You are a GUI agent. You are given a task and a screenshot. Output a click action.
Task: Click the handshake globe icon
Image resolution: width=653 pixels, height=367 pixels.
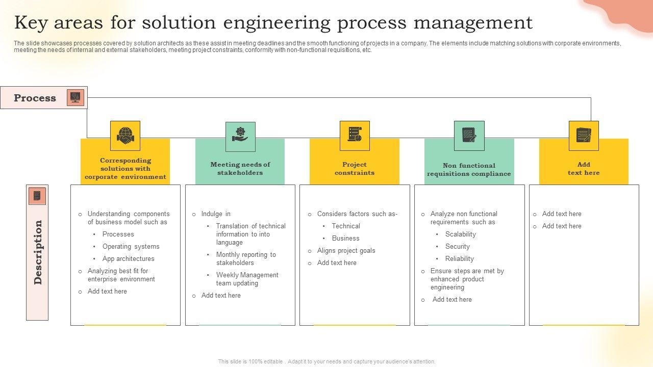pyautogui.click(x=125, y=136)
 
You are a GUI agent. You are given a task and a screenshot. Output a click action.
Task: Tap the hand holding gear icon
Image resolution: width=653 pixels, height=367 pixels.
pyautogui.click(x=240, y=136)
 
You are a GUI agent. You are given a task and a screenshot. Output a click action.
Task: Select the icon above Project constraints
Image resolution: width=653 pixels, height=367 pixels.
pyautogui.click(x=355, y=136)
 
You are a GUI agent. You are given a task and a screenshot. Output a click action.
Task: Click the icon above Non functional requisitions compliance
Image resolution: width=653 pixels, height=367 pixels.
pyautogui.click(x=469, y=136)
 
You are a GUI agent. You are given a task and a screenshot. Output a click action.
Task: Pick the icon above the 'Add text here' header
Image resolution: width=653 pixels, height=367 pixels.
pyautogui.click(x=584, y=136)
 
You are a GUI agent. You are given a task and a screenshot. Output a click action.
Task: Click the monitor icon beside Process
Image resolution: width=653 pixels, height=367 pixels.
pyautogui.click(x=76, y=97)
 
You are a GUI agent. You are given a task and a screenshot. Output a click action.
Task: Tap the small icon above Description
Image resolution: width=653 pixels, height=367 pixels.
pyautogui.click(x=37, y=196)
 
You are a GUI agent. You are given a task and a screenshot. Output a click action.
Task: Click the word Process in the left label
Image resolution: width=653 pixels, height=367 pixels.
pyautogui.click(x=35, y=98)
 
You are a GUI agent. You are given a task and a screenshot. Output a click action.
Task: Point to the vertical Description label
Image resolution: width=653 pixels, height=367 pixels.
pyautogui.click(x=38, y=252)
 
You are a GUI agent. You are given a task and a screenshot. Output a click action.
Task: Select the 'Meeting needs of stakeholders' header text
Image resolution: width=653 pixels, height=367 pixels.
pyautogui.click(x=240, y=169)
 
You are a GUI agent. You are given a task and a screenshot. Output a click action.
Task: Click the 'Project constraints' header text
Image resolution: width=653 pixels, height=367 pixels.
pyautogui.click(x=355, y=169)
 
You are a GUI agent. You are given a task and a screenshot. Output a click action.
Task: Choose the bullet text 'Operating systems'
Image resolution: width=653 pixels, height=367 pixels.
pyautogui.click(x=131, y=247)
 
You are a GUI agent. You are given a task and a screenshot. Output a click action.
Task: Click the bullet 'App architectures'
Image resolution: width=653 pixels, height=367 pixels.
pyautogui.click(x=129, y=259)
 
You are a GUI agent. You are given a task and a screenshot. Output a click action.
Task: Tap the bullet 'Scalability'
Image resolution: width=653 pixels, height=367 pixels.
pyautogui.click(x=461, y=234)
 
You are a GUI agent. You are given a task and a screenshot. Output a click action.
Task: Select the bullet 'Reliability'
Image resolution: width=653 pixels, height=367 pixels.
pyautogui.click(x=460, y=259)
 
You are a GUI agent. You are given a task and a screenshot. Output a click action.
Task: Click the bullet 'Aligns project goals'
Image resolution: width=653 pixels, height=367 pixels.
pyautogui.click(x=346, y=251)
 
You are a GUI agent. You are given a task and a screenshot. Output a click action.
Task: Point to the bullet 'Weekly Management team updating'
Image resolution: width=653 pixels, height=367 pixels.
pyautogui.click(x=247, y=279)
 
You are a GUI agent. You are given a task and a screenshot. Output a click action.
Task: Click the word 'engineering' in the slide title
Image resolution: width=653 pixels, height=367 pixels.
pyautogui.click(x=273, y=23)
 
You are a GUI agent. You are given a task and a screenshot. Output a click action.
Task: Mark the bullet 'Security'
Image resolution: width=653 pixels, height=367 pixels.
pyautogui.click(x=458, y=247)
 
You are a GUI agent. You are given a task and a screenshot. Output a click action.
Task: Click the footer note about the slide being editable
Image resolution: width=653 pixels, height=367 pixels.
pyautogui.click(x=326, y=361)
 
